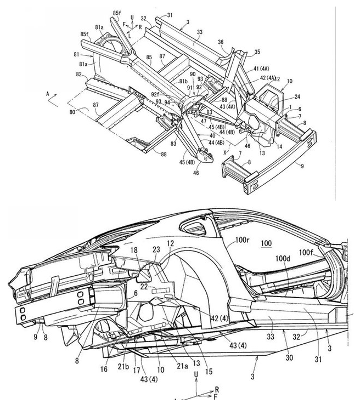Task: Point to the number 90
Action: [x=192, y=74]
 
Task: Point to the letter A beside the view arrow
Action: [x=48, y=94]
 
